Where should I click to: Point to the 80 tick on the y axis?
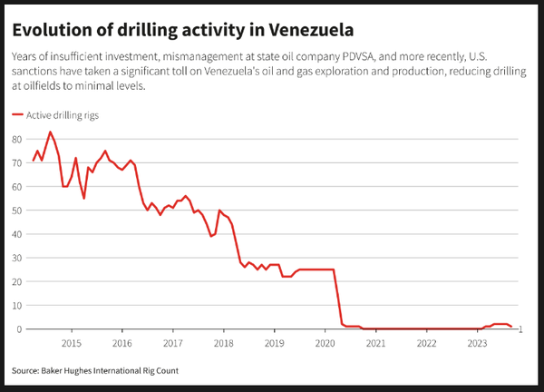tap(16, 139)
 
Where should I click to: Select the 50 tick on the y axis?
tap(16, 211)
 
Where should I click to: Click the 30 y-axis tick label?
tap(16, 258)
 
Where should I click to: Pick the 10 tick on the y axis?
tap(16, 306)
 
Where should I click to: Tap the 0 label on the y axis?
tap(19, 329)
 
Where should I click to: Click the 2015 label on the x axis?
tap(72, 344)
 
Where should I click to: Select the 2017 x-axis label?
tap(173, 344)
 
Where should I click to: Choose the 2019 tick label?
tap(275, 344)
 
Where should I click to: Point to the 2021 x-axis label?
tap(375, 344)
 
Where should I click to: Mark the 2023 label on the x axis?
tap(477, 344)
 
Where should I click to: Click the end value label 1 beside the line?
tap(521, 329)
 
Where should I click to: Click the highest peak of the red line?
tap(51, 132)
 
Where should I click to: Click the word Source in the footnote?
tap(24, 370)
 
